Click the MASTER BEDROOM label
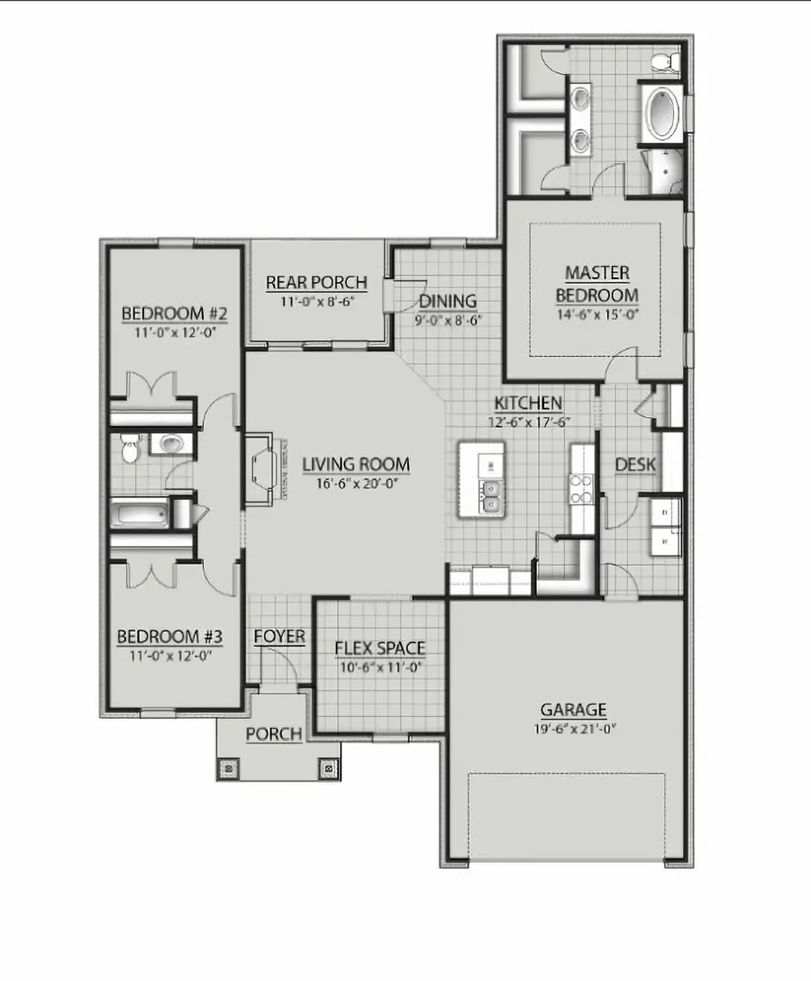tap(597, 283)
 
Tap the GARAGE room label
tap(573, 709)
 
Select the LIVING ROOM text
tap(356, 465)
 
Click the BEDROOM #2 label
tap(174, 313)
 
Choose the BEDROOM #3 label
tap(170, 637)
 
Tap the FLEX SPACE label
tap(379, 648)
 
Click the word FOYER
tap(279, 637)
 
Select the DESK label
tap(635, 465)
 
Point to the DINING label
tap(447, 301)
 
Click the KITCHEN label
tap(528, 403)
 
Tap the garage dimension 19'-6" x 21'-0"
tap(573, 727)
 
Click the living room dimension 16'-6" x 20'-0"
tap(356, 483)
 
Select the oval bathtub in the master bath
tap(661, 114)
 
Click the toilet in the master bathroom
tap(663, 61)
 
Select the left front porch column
tap(229, 768)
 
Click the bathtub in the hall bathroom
tap(140, 515)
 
